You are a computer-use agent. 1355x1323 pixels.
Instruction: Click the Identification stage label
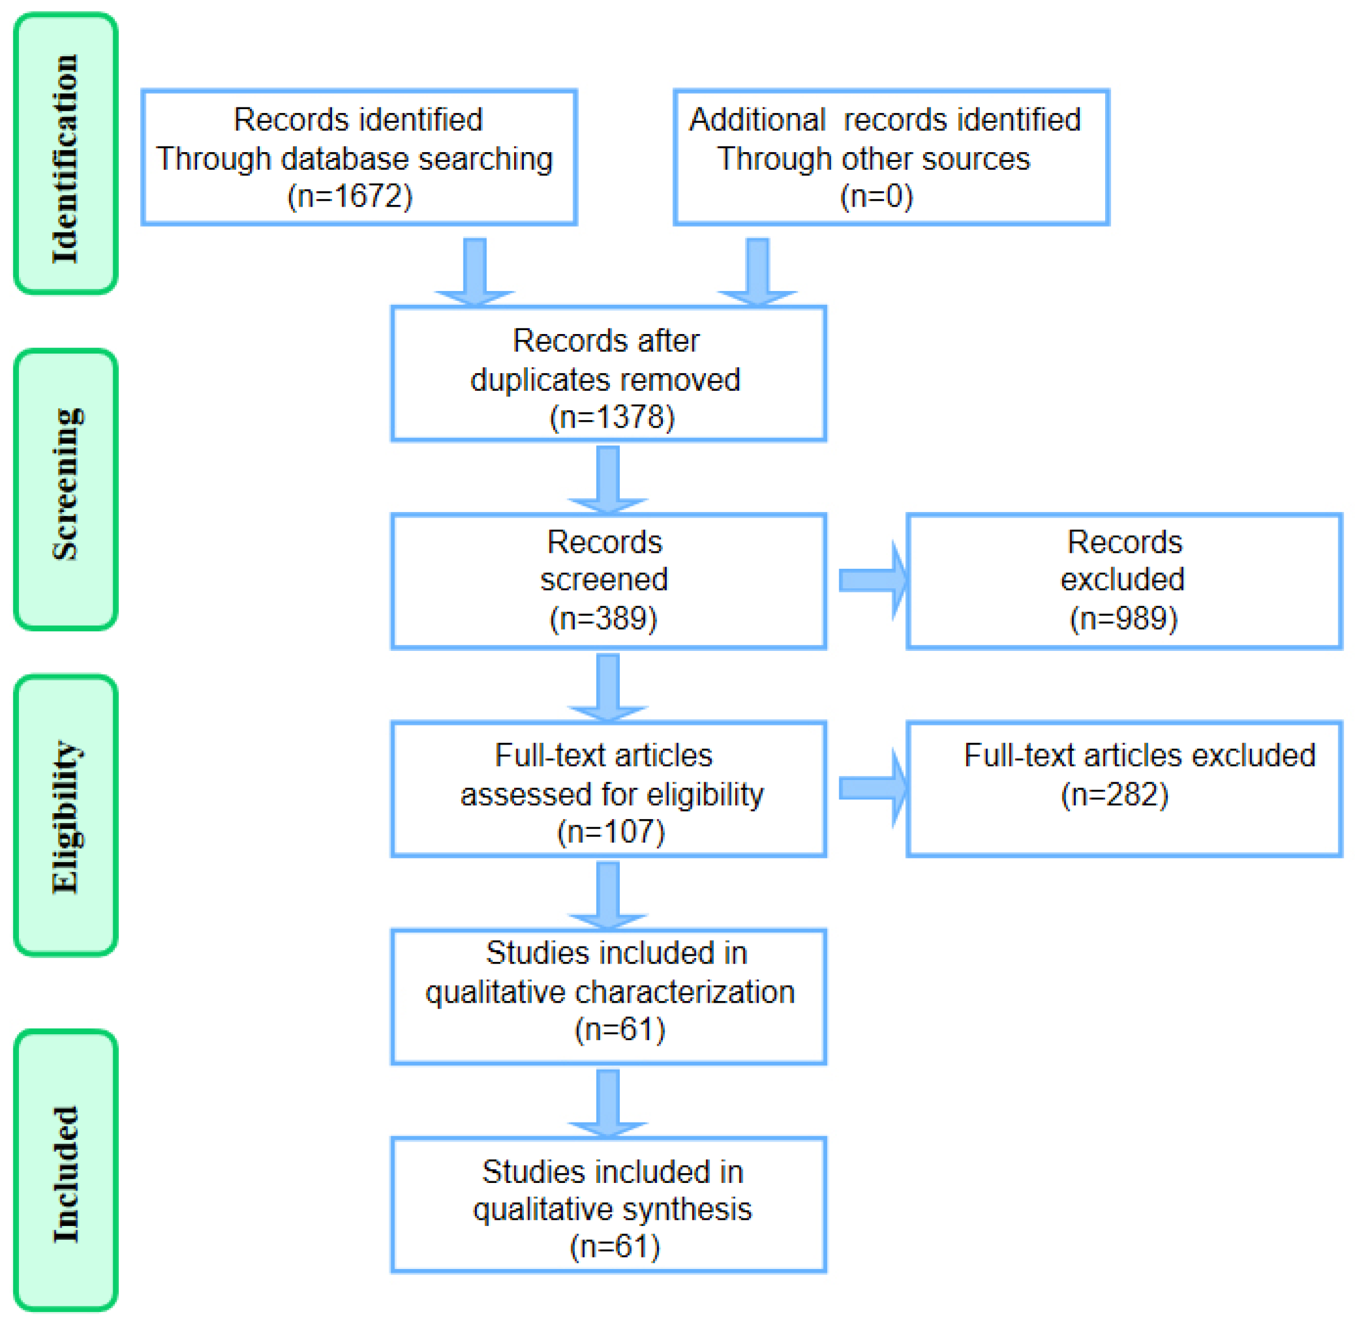(x=65, y=158)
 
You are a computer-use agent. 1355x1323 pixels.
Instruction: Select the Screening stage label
(x=66, y=484)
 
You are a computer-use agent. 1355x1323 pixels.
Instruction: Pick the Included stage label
(x=66, y=1174)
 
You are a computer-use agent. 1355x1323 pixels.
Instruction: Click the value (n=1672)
(x=350, y=197)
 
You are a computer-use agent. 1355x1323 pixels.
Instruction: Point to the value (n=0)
(x=876, y=197)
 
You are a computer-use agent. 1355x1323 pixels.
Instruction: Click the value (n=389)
(x=604, y=618)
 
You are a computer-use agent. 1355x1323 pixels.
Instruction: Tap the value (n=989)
(x=1124, y=618)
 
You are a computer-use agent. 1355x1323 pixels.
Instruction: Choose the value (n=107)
(x=611, y=832)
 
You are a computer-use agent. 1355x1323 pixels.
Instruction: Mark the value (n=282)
(x=1114, y=794)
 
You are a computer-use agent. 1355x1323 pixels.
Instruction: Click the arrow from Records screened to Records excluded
(x=873, y=580)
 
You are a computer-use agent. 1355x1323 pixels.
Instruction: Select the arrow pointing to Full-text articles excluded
(x=873, y=789)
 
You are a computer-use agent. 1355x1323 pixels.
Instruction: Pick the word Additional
(x=756, y=119)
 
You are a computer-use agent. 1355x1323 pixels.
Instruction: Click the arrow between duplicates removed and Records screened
(x=608, y=479)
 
